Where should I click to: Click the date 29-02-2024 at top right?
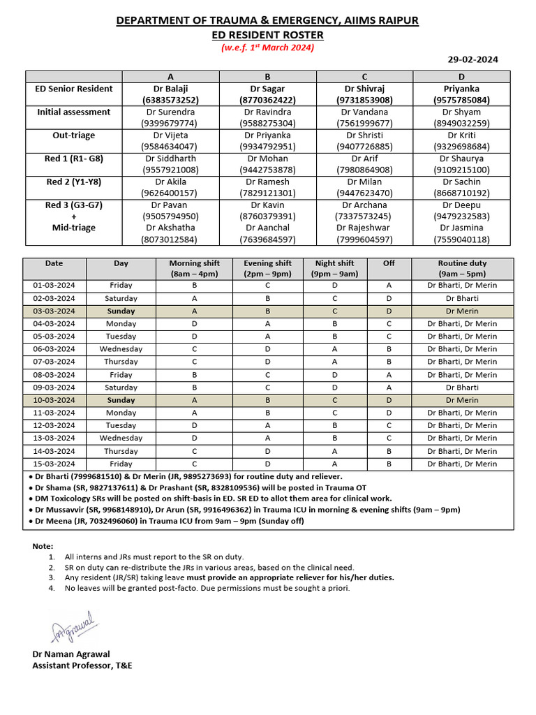point(472,60)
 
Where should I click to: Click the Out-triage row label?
point(74,135)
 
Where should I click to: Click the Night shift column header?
point(335,263)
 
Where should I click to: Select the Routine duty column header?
point(462,263)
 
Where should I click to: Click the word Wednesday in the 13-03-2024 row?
point(121,438)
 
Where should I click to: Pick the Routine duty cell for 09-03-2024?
point(462,388)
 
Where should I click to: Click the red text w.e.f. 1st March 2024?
point(267,47)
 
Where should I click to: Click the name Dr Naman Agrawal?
point(72,655)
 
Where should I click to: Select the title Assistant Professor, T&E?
point(82,666)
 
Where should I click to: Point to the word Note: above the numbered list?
point(43,545)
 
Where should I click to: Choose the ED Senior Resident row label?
point(74,89)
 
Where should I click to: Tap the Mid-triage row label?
point(74,228)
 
